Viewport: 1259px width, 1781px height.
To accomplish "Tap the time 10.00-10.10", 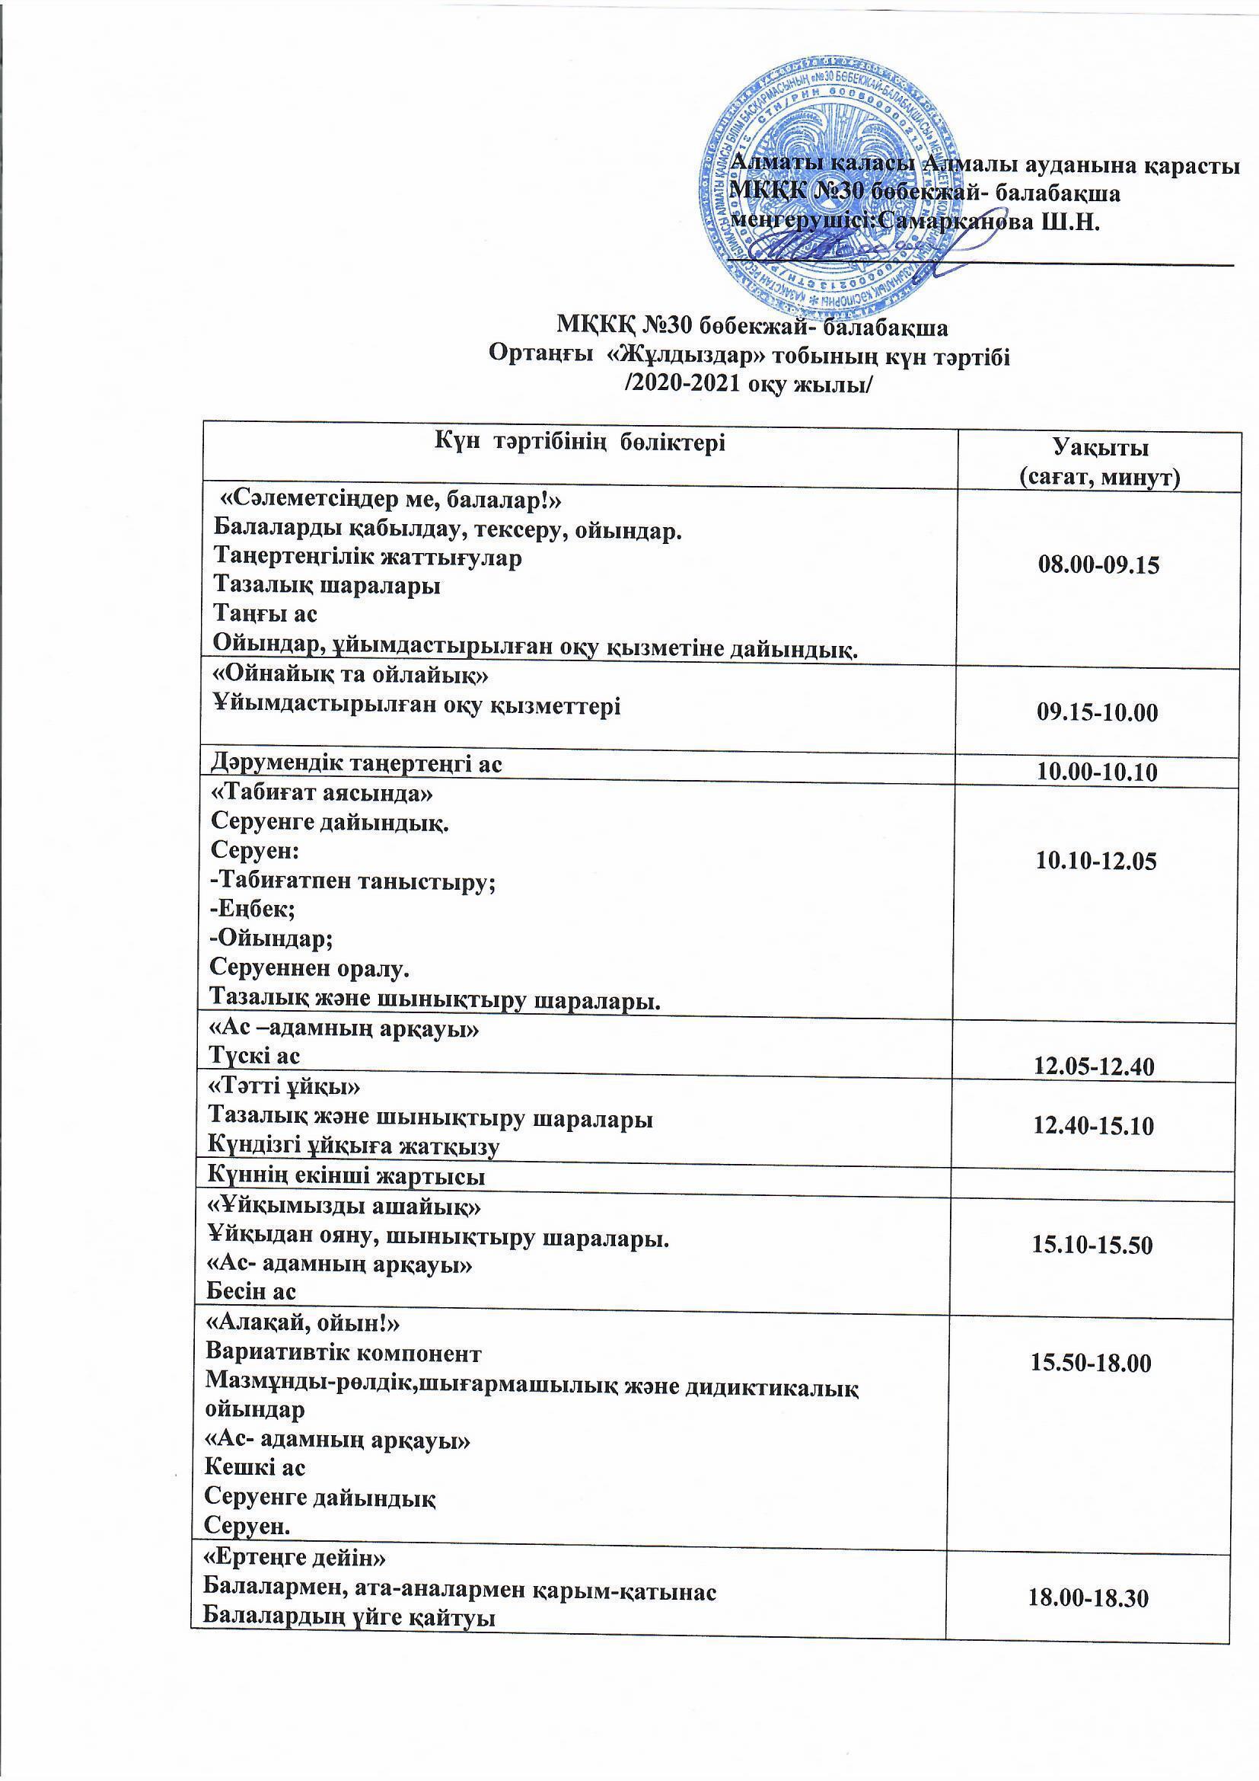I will (x=1096, y=772).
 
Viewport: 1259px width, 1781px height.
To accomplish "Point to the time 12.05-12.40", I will (x=1094, y=1067).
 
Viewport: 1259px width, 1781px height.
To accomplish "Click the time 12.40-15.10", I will (x=1093, y=1126).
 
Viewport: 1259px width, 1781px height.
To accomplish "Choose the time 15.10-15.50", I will (x=1092, y=1245).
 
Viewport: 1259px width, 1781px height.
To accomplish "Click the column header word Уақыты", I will (x=1100, y=448).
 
